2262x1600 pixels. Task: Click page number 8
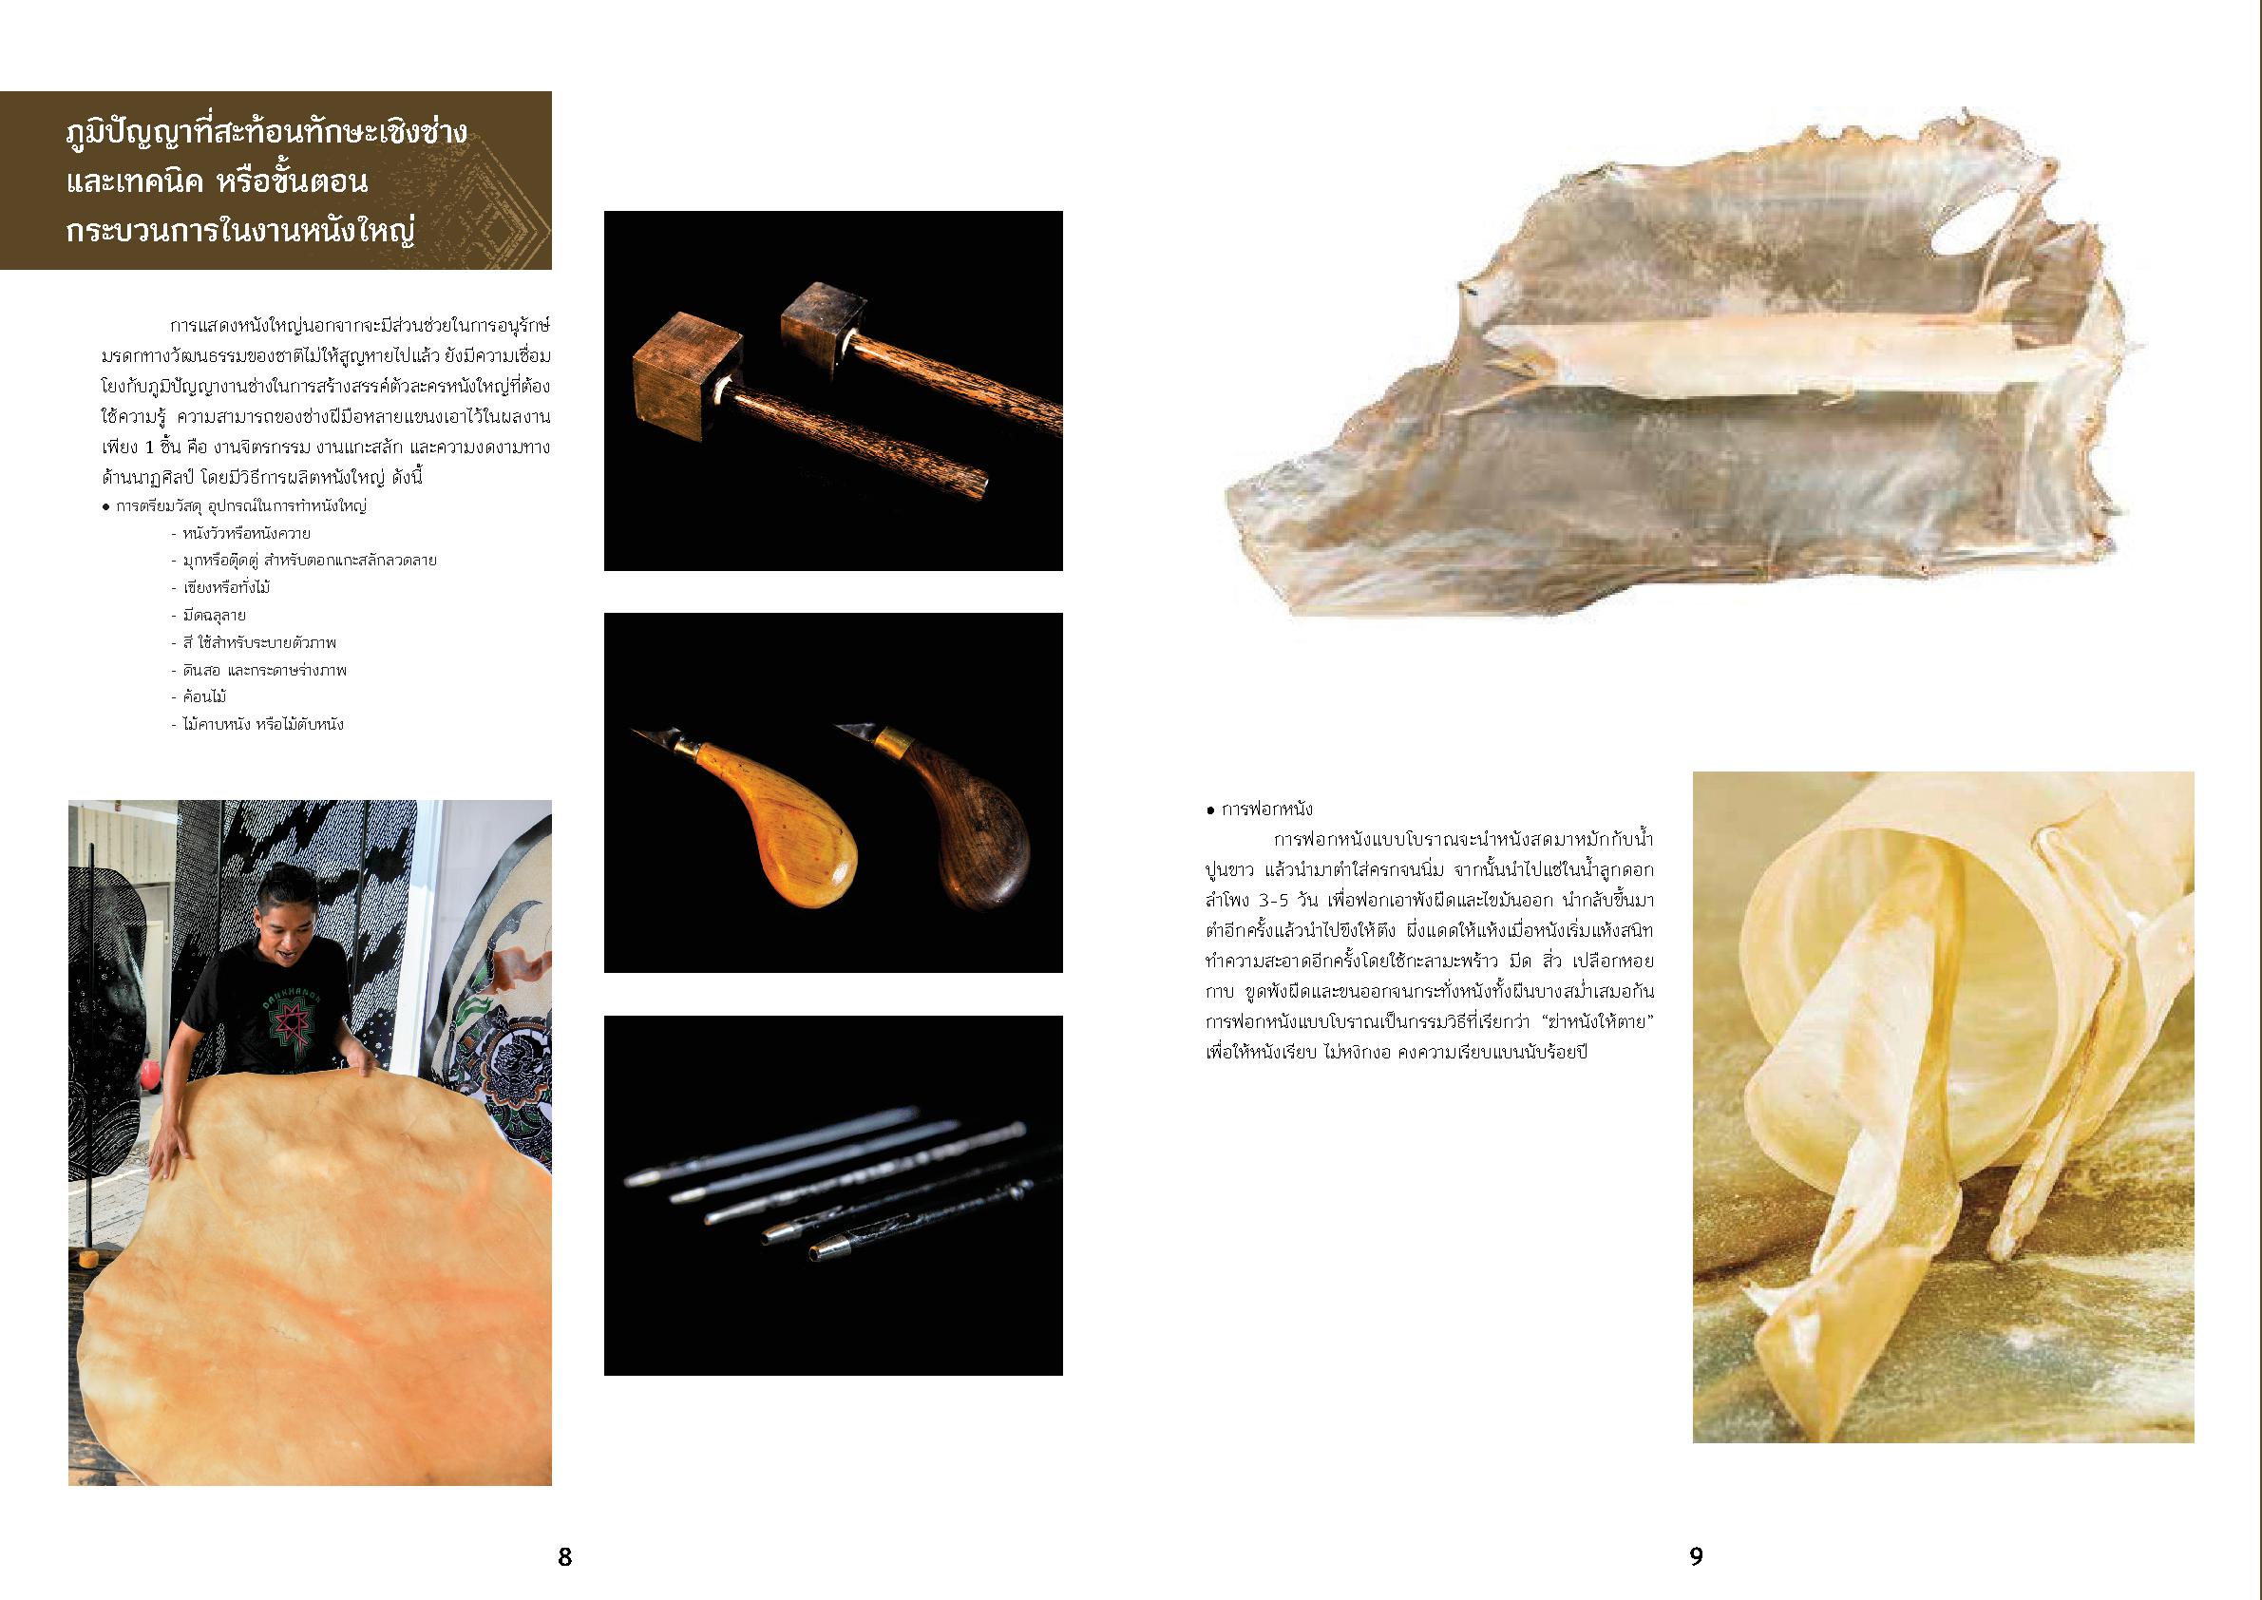564,1555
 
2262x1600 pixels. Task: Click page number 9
1696,1555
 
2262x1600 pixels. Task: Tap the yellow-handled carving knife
768,809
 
